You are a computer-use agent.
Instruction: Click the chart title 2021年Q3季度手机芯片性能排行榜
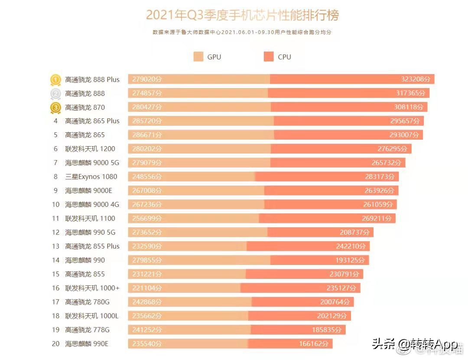pyautogui.click(x=242, y=15)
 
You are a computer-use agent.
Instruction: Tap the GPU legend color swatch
pyautogui.click(x=198, y=57)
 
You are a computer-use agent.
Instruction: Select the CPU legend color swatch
pyautogui.click(x=269, y=57)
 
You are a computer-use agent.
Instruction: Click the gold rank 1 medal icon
pyautogui.click(x=55, y=80)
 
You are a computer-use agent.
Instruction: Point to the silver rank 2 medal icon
pyautogui.click(x=55, y=94)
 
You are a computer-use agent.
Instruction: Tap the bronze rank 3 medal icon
pyautogui.click(x=55, y=108)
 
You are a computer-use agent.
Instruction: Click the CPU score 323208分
pyautogui.click(x=416, y=79)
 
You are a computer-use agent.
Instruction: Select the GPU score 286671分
pyautogui.click(x=145, y=135)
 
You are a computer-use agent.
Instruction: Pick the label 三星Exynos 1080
pyautogui.click(x=91, y=177)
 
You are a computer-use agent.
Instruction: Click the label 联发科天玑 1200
pyautogui.click(x=90, y=149)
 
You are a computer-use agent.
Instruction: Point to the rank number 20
pyautogui.click(x=55, y=344)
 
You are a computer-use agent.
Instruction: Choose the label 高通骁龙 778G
pyautogui.click(x=88, y=330)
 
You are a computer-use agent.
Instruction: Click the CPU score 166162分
pyautogui.click(x=313, y=344)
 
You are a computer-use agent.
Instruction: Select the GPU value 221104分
pyautogui.click(x=145, y=288)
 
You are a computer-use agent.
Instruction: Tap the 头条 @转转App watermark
pyautogui.click(x=414, y=344)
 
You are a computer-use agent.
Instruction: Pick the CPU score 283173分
pyautogui.click(x=380, y=177)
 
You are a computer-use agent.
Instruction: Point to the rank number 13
pyautogui.click(x=55, y=246)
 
